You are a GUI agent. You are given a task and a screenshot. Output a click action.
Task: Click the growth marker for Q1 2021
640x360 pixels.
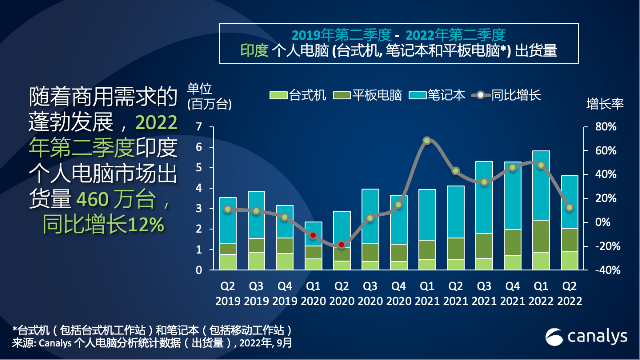point(427,141)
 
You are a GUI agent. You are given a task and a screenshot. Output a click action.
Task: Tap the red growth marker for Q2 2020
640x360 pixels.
point(341,245)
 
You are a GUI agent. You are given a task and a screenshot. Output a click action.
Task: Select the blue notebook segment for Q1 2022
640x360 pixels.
point(541,185)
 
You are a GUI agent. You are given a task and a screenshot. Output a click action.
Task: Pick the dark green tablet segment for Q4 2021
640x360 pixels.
point(512,242)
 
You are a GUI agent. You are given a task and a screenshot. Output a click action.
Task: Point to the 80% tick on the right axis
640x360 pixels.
point(605,127)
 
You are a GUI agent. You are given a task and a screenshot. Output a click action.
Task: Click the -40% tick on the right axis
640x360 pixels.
point(604,270)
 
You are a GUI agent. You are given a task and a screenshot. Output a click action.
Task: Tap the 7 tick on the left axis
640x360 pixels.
point(199,127)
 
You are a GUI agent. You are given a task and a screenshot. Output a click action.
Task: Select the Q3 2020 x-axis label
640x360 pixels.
point(370,294)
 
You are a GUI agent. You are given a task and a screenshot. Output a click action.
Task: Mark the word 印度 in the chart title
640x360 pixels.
point(255,51)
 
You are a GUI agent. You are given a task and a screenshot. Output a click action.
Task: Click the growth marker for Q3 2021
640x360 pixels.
point(484,182)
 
